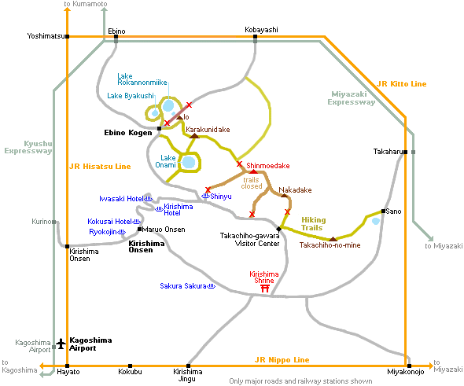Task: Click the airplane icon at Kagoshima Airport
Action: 61,344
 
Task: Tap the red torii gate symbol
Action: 265,289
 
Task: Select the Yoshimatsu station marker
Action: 68,37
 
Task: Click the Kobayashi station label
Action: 261,30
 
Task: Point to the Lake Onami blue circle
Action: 189,163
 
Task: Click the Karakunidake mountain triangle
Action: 194,136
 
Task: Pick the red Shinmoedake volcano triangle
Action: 253,171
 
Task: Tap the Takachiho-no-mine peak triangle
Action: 333,239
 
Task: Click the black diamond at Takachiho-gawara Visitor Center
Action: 278,229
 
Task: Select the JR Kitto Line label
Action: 402,84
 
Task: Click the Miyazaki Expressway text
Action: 352,98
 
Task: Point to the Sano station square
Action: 383,211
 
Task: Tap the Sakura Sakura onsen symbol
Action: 212,286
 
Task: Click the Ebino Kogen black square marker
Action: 159,128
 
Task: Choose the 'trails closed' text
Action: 252,183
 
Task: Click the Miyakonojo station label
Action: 405,372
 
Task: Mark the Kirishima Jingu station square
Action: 188,366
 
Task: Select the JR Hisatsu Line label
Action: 100,167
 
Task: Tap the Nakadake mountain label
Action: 295,190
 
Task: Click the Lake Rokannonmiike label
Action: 142,79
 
